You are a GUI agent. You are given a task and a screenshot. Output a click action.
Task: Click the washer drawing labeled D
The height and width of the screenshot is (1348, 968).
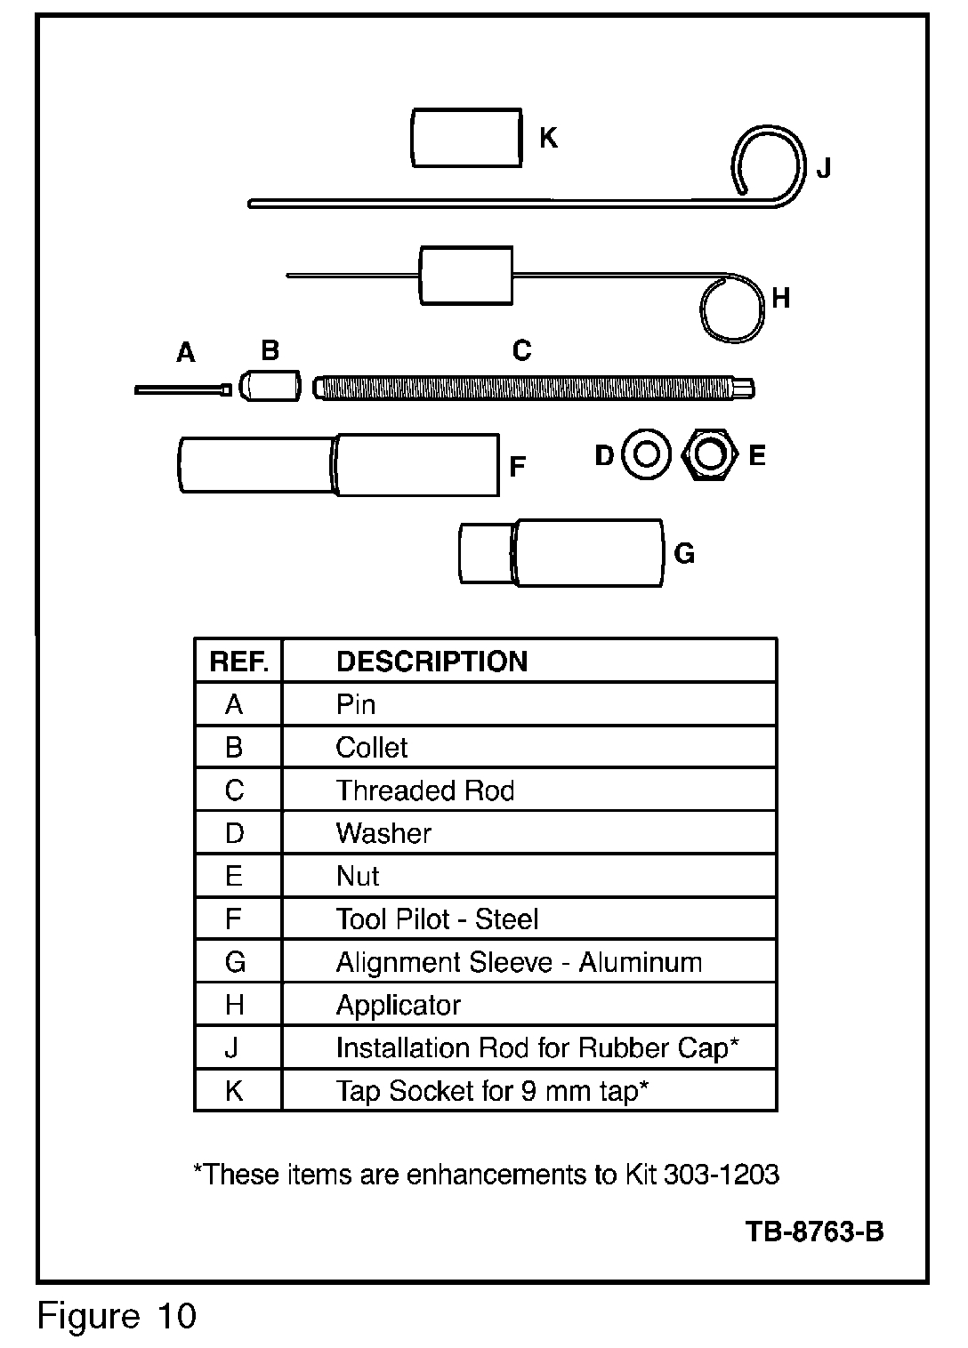pyautogui.click(x=646, y=455)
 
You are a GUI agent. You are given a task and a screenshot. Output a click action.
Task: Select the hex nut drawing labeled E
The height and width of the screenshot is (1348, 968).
pyautogui.click(x=709, y=455)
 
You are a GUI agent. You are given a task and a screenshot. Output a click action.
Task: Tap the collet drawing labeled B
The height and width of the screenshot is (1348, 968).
pyautogui.click(x=271, y=387)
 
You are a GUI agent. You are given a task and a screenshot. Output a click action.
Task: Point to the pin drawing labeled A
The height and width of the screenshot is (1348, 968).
pyautogui.click(x=182, y=389)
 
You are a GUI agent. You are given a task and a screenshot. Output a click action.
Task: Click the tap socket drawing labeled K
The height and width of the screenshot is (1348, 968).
pyautogui.click(x=466, y=137)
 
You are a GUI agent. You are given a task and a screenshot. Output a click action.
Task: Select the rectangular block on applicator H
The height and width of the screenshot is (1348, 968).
pyautogui.click(x=466, y=275)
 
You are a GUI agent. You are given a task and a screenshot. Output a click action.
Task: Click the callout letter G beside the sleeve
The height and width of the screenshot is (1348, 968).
pyautogui.click(x=683, y=554)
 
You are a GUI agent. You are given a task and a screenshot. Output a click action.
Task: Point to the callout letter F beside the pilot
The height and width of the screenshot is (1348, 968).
pyautogui.click(x=517, y=467)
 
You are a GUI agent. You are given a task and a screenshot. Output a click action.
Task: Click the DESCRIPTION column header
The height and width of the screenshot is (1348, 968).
pyautogui.click(x=432, y=662)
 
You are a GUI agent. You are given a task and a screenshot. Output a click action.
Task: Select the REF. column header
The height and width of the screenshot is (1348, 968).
pyautogui.click(x=238, y=662)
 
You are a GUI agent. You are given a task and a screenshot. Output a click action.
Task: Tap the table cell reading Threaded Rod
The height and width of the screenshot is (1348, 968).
pyautogui.click(x=425, y=790)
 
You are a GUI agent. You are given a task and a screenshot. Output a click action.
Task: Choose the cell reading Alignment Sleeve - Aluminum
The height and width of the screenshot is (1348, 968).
pyautogui.click(x=519, y=962)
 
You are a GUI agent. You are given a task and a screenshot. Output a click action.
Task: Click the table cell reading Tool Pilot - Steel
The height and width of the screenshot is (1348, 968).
pyautogui.click(x=437, y=919)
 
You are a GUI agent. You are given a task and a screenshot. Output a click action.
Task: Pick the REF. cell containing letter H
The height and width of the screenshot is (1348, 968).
pyautogui.click(x=235, y=1005)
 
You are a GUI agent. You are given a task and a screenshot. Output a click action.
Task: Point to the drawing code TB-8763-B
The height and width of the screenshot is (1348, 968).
pyautogui.click(x=814, y=1232)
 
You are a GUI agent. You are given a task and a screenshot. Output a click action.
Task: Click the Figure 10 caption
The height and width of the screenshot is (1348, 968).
pyautogui.click(x=117, y=1315)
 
